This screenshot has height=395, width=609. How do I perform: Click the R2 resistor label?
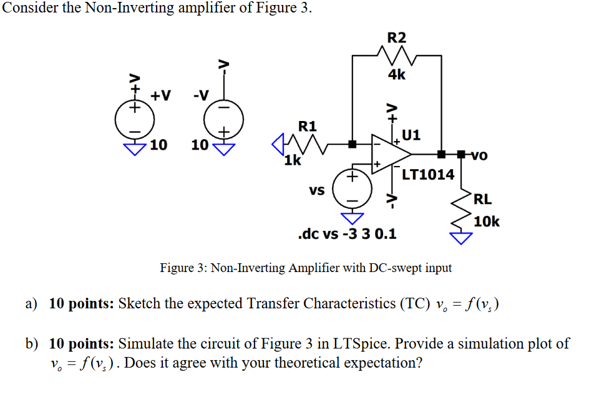(x=397, y=37)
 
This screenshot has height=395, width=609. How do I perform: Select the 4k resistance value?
(x=397, y=75)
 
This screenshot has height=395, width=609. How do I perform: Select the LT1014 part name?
(x=428, y=174)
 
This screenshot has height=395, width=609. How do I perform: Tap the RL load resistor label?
(x=483, y=200)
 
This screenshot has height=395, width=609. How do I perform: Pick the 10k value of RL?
(x=487, y=222)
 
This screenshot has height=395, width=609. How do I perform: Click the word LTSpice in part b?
(x=358, y=344)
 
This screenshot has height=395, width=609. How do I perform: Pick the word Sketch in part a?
(x=139, y=304)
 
